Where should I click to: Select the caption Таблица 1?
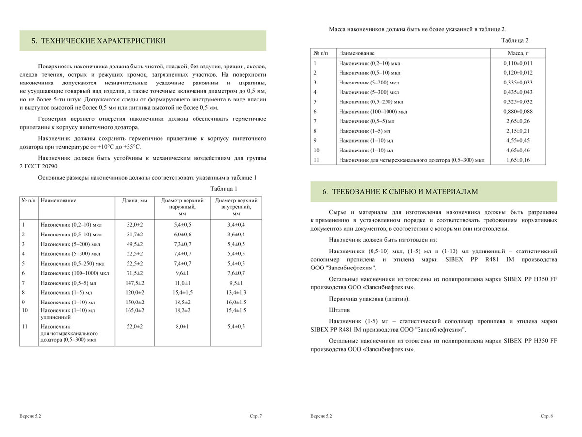(224, 189)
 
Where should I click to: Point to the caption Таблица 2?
(515, 40)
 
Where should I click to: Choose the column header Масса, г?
(517, 52)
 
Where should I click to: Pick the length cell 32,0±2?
(135, 225)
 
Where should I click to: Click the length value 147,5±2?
(135, 282)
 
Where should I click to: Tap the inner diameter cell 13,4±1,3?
(237, 293)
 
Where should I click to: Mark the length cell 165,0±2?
(135, 310)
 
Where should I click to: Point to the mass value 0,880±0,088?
(517, 111)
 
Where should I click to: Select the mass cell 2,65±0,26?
(517, 121)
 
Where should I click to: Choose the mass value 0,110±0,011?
(517, 63)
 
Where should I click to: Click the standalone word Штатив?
(339, 309)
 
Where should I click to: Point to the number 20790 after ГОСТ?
(48, 167)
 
